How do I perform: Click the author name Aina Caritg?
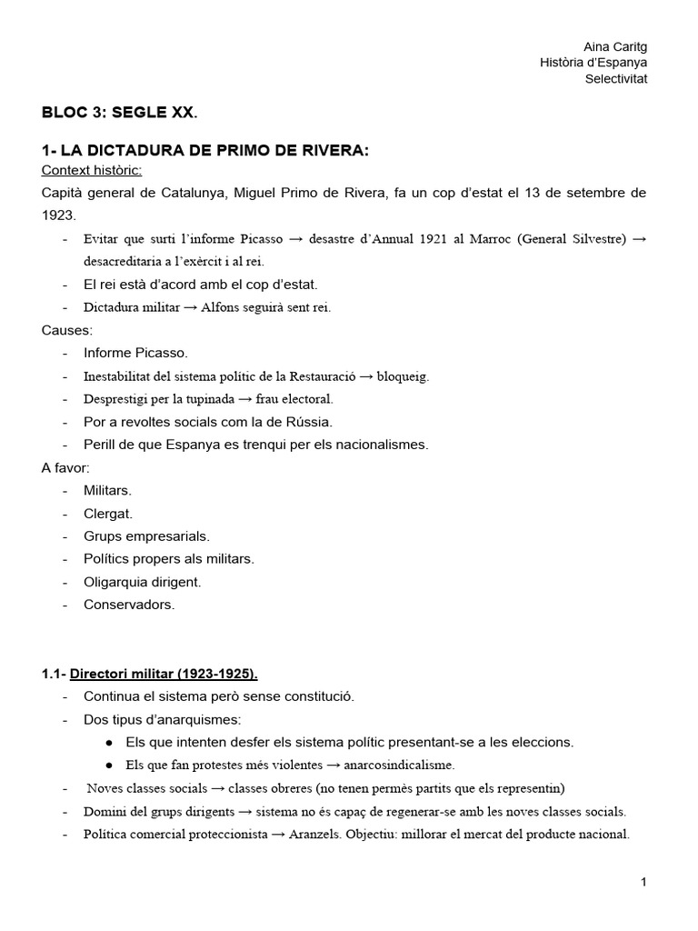(x=615, y=46)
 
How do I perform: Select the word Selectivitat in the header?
(x=616, y=78)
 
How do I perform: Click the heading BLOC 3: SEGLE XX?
(x=119, y=114)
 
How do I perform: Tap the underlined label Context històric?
(x=91, y=170)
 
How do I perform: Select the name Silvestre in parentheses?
(x=595, y=239)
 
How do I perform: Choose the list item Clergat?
(x=108, y=514)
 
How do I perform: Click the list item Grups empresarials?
(x=146, y=536)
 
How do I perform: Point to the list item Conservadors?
(x=129, y=605)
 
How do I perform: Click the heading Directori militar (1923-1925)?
(x=164, y=674)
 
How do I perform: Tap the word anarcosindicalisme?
(x=396, y=766)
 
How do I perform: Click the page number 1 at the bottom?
(x=643, y=882)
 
